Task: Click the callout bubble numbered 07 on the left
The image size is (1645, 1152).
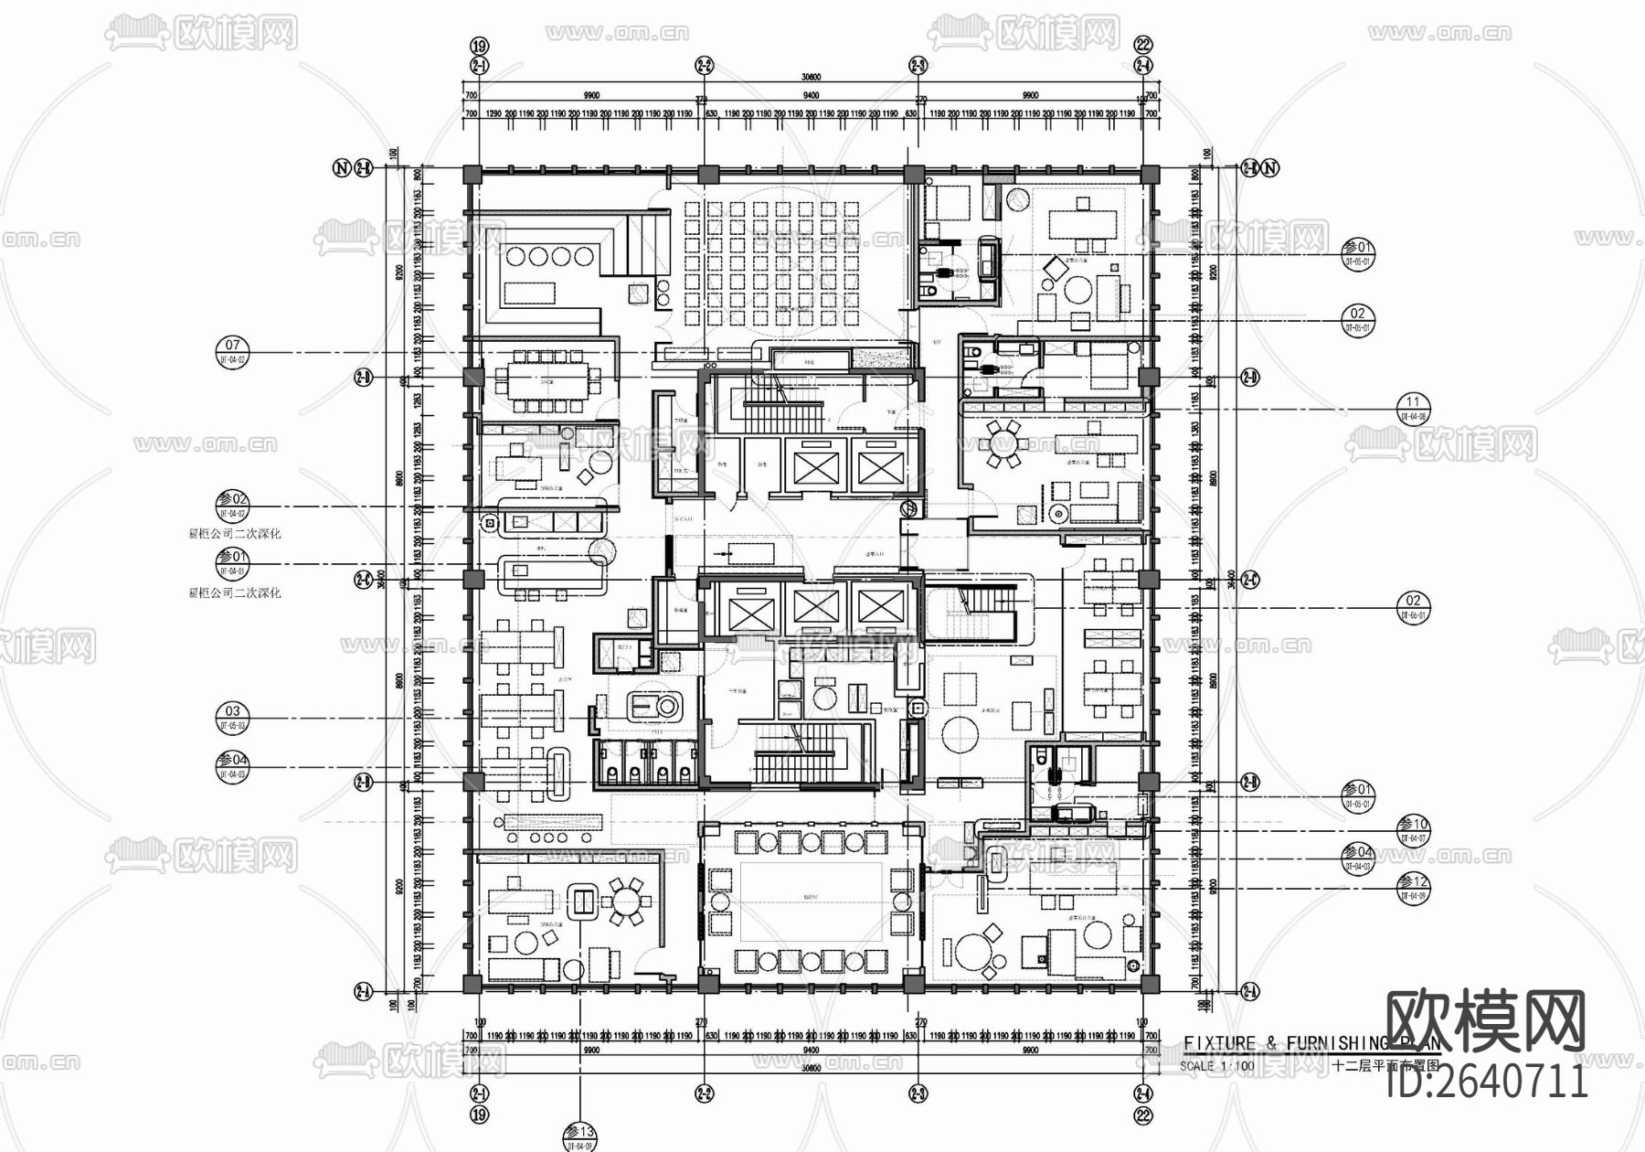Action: coord(232,352)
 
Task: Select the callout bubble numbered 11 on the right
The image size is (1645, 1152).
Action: coord(1413,408)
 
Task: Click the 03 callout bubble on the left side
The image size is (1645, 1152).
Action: coord(232,717)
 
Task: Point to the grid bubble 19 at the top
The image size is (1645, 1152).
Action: coord(479,43)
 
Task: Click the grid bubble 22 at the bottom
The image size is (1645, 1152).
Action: coord(1142,1115)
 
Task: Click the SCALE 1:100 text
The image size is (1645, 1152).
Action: coord(1216,1066)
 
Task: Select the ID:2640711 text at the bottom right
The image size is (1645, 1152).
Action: coord(1487,1082)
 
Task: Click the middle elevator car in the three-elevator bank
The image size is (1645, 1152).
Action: coord(815,606)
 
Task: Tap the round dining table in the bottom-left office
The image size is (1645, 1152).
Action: coord(627,904)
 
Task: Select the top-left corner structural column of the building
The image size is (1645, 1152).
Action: coord(472,175)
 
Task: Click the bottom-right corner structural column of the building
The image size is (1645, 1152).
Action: coord(1149,984)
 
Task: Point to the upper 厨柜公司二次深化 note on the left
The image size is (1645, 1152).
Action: coord(235,533)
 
